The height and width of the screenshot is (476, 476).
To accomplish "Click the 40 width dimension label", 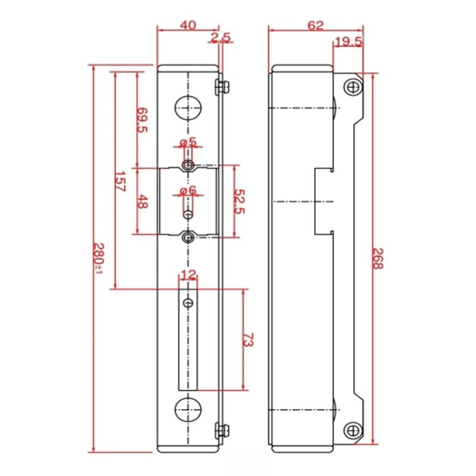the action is click(x=188, y=25).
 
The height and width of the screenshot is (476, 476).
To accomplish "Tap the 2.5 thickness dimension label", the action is click(x=221, y=37).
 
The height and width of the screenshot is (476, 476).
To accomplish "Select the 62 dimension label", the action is click(x=315, y=25).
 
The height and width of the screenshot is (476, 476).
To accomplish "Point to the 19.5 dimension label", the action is click(x=349, y=42).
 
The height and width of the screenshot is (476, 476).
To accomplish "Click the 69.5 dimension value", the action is click(x=142, y=120).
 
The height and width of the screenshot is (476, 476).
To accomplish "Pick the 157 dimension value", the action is click(x=120, y=182).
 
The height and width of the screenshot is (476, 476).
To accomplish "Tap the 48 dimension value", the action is click(x=142, y=202).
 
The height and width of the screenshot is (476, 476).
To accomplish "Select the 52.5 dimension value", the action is click(x=239, y=202).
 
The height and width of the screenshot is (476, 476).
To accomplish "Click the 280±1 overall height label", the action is click(x=98, y=258).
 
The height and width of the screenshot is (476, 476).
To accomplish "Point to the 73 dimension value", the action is click(x=248, y=340).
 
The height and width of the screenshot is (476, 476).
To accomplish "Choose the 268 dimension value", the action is click(x=378, y=259).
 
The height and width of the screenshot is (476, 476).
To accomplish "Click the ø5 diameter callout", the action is click(x=188, y=142).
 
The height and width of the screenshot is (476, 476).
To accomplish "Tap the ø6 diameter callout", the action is click(x=188, y=190).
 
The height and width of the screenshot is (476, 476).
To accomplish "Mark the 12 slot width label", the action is click(x=188, y=275).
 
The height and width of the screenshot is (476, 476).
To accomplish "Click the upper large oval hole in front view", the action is click(x=188, y=107).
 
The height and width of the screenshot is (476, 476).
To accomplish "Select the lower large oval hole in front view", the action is click(x=188, y=409).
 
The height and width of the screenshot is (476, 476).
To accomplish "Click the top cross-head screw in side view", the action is click(x=353, y=87).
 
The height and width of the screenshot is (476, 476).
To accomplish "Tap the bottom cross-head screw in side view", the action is click(x=353, y=430).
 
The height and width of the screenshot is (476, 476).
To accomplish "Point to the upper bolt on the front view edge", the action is click(x=222, y=87).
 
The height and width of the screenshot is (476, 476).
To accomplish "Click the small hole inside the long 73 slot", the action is click(x=188, y=303).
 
